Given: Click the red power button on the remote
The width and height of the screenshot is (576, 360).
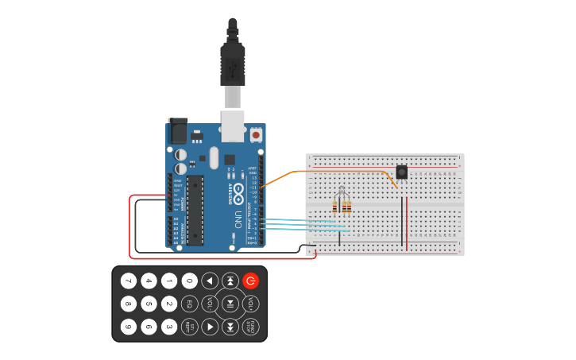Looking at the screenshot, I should pyautogui.click(x=251, y=281).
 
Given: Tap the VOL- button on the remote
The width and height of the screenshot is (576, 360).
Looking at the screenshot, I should pyautogui.click(x=210, y=304).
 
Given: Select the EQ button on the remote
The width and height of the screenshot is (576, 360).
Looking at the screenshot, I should pyautogui.click(x=189, y=304).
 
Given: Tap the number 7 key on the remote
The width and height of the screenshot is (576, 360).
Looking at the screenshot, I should pyautogui.click(x=129, y=281).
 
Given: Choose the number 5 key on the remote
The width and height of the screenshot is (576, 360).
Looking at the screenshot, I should pyautogui.click(x=149, y=304).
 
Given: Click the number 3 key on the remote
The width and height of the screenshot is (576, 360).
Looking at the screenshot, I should pyautogui.click(x=169, y=327).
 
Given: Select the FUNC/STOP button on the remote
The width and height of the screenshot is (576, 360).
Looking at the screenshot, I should pyautogui.click(x=251, y=327).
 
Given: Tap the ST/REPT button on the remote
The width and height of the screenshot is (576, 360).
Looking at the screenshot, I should pyautogui.click(x=189, y=327).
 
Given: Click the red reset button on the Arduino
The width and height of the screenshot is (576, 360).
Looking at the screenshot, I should pyautogui.click(x=256, y=135).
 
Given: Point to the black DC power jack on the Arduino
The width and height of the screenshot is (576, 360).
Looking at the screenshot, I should pyautogui.click(x=177, y=131).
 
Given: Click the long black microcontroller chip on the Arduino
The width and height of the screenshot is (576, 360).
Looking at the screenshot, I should pyautogui.click(x=195, y=209).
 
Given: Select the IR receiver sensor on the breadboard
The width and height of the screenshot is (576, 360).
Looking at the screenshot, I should pyautogui.click(x=402, y=172).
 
